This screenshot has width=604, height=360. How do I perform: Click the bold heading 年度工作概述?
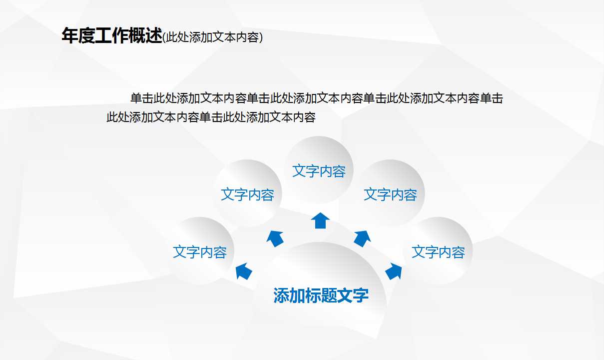[x=112, y=36]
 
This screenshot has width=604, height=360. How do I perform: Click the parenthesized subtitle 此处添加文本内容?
[x=213, y=37]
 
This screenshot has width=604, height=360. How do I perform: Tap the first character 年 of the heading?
[x=70, y=36]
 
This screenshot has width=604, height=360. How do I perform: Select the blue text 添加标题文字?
[x=321, y=295]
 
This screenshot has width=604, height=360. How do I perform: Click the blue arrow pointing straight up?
[x=320, y=220]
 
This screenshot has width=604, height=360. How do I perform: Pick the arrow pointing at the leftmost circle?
[x=244, y=271]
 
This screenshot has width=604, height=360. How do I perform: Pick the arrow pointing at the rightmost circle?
[x=394, y=271]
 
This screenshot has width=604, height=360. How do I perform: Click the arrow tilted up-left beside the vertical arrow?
[x=275, y=238]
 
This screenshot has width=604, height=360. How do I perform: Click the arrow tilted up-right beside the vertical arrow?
[x=362, y=238]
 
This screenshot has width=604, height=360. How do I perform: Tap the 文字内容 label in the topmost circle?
[x=319, y=171]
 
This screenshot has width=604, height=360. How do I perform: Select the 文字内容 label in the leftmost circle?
[x=200, y=252]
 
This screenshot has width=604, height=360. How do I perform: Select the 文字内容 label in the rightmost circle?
[x=438, y=252]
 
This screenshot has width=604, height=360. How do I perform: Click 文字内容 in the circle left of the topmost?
[x=248, y=194]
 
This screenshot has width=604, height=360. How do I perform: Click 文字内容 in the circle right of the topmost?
[x=390, y=194]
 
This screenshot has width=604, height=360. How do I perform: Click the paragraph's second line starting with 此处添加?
[x=211, y=117]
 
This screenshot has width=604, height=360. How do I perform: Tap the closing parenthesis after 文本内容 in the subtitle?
[x=261, y=37]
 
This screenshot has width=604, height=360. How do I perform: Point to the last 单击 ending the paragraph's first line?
[x=491, y=98]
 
